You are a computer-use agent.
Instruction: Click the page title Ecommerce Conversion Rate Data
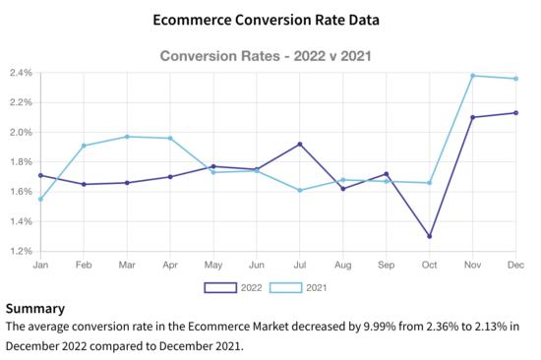[270, 20]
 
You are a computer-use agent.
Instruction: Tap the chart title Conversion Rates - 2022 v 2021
[270, 57]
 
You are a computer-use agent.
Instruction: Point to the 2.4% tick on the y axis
[21, 73]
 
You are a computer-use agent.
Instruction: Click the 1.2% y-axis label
[21, 251]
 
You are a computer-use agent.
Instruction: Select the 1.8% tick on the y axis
[21, 161]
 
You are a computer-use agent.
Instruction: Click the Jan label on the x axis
[40, 266]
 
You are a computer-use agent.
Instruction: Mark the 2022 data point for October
[430, 236]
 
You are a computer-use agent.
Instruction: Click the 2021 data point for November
[473, 76]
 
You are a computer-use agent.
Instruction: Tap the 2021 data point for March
[127, 137]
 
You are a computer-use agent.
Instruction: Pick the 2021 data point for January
[40, 199]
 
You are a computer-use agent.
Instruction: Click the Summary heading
[35, 308]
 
